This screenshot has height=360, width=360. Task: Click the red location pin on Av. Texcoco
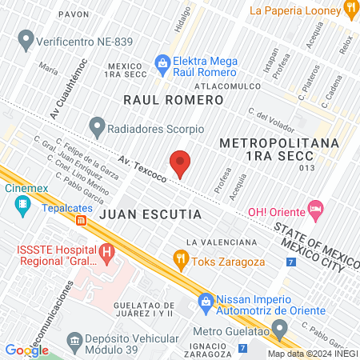[181, 162]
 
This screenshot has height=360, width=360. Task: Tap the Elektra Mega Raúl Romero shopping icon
[162, 62]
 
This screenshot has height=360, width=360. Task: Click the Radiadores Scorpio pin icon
[98, 126]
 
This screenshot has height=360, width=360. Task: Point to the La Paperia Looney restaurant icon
[350, 9]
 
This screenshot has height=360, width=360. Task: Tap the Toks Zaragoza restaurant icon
[181, 258]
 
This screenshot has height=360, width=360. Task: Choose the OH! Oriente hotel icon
[316, 211]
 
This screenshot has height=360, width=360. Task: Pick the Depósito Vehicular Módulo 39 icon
[74, 346]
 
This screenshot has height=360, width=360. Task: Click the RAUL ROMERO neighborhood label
[173, 100]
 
